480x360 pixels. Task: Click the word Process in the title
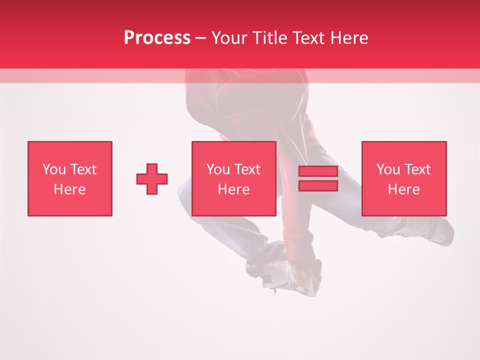[157, 38]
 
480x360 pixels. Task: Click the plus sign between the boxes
[152, 179]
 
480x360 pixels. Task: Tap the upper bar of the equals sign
[318, 171]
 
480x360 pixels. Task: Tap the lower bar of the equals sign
[318, 186]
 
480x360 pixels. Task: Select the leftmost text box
[69, 178]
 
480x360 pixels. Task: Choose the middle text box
[233, 178]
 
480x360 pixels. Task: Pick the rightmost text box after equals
[403, 178]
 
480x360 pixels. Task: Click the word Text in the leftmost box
[83, 169]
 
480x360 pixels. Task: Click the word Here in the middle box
[233, 189]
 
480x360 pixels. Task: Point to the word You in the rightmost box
[388, 169]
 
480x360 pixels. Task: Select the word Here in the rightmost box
[403, 189]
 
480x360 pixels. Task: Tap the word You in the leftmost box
[54, 169]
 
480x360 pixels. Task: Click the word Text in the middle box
[247, 169]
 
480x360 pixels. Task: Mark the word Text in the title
[309, 38]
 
